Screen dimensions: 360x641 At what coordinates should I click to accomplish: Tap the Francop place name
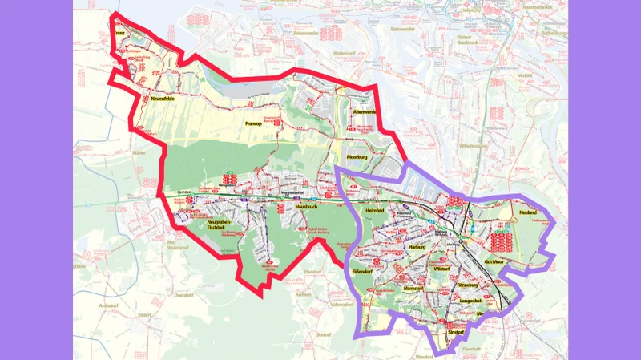pyautogui.click(x=255, y=124)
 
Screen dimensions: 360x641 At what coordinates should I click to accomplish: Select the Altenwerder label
pyautogui.click(x=364, y=112)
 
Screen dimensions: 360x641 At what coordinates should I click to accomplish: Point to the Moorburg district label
pyautogui.click(x=357, y=158)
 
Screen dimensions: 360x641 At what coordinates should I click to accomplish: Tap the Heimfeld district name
pyautogui.click(x=375, y=210)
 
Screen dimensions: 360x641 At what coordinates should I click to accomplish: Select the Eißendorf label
pyautogui.click(x=375, y=271)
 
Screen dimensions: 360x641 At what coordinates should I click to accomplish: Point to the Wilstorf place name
pyautogui.click(x=440, y=269)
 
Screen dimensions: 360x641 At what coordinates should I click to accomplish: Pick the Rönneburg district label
pyautogui.click(x=466, y=285)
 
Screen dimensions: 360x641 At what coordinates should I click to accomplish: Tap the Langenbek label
pyautogui.click(x=472, y=300)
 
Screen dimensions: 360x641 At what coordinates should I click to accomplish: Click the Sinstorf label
pyautogui.click(x=456, y=330)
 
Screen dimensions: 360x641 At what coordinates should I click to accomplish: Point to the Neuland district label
pyautogui.click(x=527, y=212)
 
